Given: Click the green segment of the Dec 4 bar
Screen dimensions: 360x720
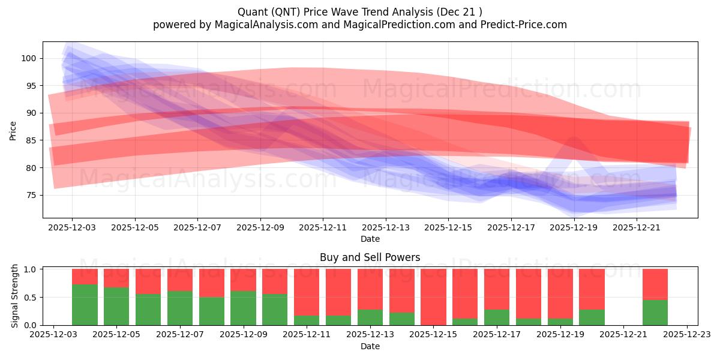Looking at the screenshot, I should click(x=85, y=305).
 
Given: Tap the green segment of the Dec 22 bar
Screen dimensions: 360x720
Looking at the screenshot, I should click(x=655, y=313).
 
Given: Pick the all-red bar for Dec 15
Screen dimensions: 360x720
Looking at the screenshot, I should click(x=433, y=297).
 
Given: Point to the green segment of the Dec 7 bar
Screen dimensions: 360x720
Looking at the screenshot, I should click(x=180, y=308).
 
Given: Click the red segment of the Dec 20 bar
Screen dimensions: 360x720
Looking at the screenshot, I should click(x=592, y=289).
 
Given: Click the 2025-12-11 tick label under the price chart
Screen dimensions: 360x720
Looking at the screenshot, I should click(x=323, y=228).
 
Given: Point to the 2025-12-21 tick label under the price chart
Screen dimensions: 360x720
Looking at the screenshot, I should click(x=637, y=228).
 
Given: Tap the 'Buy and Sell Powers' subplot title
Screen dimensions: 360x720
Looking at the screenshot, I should click(x=370, y=257).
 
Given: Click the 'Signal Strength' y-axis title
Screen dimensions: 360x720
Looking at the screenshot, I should click(x=15, y=296).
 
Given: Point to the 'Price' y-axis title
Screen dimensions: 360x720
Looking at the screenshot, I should click(x=13, y=130).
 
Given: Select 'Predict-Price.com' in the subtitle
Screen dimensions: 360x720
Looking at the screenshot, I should click(x=525, y=25).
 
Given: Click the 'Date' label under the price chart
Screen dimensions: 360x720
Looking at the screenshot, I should click(x=370, y=239).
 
